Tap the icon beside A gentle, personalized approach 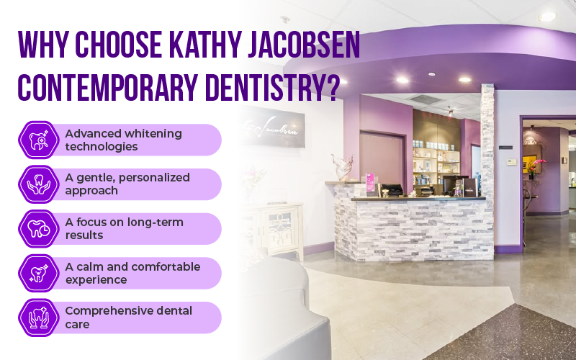coord(37,184)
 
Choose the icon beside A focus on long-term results coord(37,229)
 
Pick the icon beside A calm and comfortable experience coord(37,273)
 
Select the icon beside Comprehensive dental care coord(37,318)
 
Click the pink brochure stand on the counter coord(372,184)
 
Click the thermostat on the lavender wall coord(510,161)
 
